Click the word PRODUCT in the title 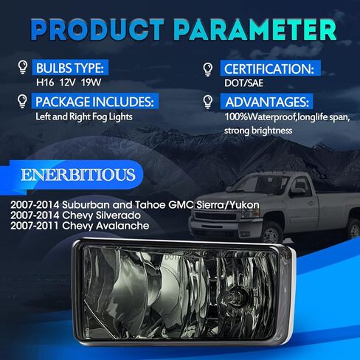point(97,30)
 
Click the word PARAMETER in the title point(255,30)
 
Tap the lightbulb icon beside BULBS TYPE point(23,67)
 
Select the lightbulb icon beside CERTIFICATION point(208,69)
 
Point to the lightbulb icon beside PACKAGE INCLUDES point(22,101)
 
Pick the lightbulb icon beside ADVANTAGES point(208,102)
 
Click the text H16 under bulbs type point(45,83)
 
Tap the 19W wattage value point(91,83)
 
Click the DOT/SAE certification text point(243,83)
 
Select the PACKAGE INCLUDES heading point(94,102)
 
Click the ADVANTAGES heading point(267,102)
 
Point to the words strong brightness point(258,131)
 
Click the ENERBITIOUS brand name point(78,175)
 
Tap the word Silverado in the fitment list point(118,215)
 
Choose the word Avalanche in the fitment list point(122,226)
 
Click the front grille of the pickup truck point(216,216)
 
